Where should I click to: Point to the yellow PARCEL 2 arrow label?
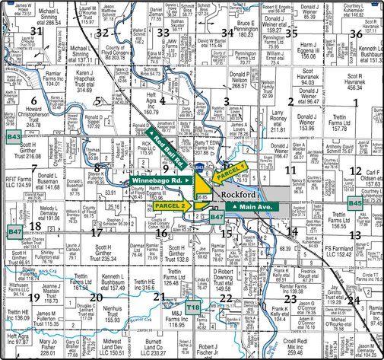tap(172, 205)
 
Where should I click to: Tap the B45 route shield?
tap(355, 203)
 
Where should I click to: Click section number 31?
tap(36, 31)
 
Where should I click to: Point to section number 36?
tap(355, 33)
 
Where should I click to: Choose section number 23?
tap(290, 298)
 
